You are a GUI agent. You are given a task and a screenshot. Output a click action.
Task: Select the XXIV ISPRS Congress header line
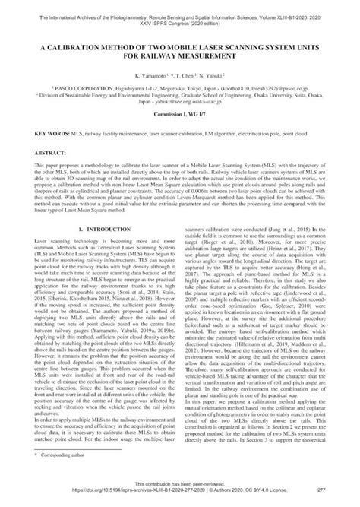tap(180, 15)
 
